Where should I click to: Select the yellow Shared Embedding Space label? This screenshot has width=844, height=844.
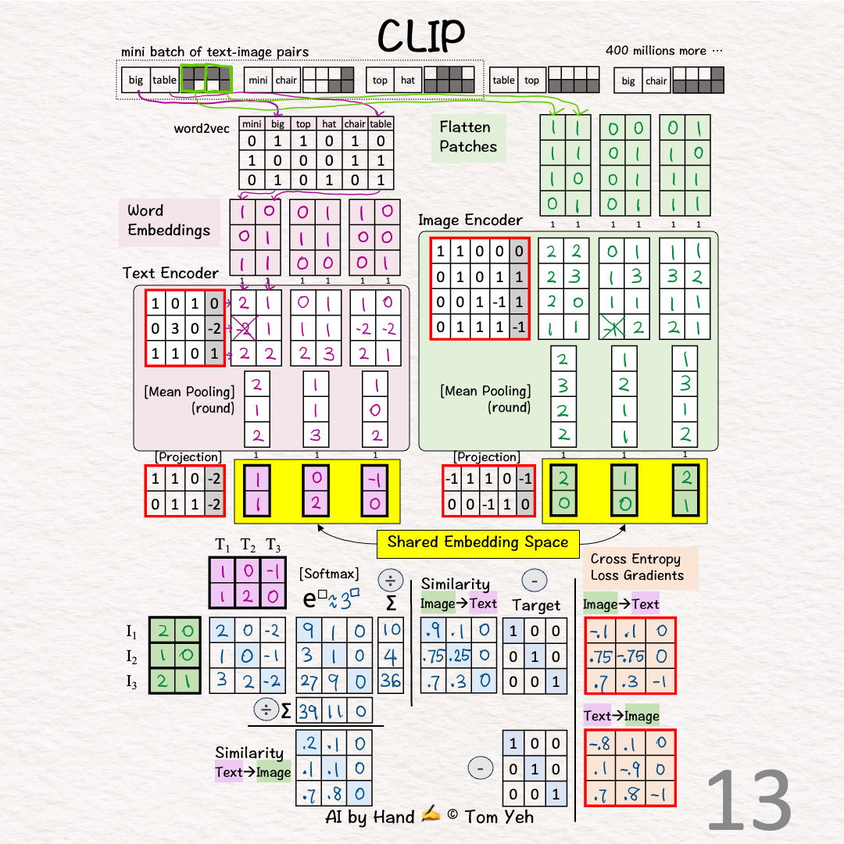[x=477, y=542]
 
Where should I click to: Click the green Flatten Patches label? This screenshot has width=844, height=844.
[x=468, y=137]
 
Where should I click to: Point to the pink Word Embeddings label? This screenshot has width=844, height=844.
[x=169, y=220]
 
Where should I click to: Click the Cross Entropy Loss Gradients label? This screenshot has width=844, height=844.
[x=637, y=567]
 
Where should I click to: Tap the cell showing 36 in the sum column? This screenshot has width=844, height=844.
[x=390, y=681]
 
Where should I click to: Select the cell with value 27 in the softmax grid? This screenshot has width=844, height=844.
[x=309, y=681]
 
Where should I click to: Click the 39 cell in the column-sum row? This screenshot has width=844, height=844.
[x=309, y=710]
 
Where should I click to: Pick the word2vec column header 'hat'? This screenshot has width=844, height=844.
[x=330, y=124]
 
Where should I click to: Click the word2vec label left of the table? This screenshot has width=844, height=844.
[x=202, y=128]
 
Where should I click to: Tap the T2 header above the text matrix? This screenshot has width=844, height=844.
[x=248, y=545]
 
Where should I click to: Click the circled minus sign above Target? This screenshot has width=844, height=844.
[x=534, y=581]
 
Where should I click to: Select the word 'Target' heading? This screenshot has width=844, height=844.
[x=536, y=605]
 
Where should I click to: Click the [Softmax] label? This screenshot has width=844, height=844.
[x=328, y=574]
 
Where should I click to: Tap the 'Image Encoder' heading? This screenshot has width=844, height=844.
[x=470, y=220]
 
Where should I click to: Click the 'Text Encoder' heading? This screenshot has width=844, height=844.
[x=170, y=273]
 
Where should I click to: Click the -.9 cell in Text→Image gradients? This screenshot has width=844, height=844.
[x=631, y=771]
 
